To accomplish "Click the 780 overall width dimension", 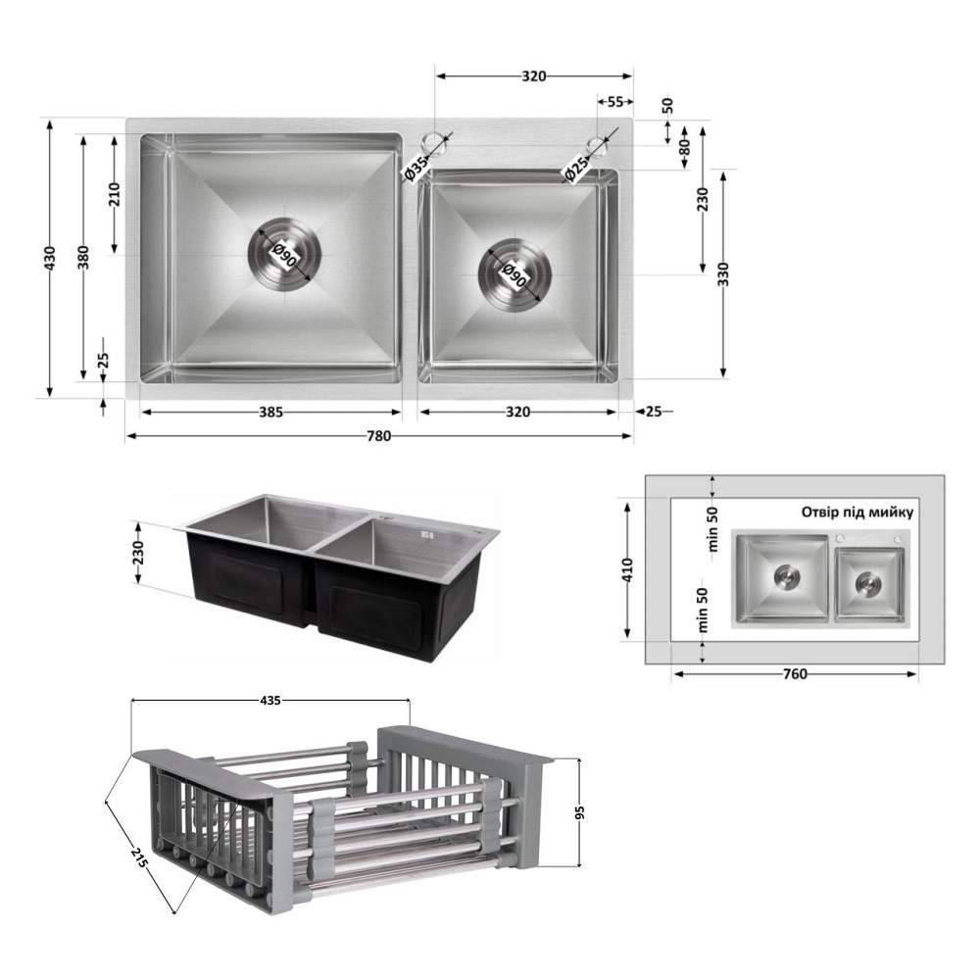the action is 378,436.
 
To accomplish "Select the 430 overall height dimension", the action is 50,258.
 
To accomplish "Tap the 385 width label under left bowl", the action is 271,412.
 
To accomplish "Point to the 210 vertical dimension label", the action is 114,194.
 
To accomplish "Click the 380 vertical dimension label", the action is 83,258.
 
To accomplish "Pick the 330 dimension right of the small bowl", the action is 724,273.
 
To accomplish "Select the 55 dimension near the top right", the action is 615,102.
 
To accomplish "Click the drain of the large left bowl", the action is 285,254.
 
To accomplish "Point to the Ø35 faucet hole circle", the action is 434,142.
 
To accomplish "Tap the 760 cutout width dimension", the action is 795,674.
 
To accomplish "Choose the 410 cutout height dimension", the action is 627,569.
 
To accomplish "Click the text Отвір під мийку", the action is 857,513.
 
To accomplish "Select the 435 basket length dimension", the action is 270,701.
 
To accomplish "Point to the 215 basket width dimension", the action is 139,856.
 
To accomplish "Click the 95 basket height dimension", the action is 579,812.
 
